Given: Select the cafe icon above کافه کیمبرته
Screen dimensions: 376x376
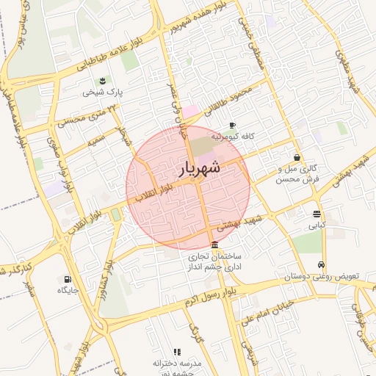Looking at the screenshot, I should coord(233,126).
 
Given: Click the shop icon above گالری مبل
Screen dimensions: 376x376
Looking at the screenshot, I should coord(297,157).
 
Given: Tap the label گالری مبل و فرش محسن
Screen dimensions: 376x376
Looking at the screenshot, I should coord(297,173).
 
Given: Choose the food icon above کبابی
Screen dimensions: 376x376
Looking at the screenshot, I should coord(317,214).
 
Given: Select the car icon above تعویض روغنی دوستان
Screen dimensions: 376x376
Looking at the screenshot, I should coord(320,265).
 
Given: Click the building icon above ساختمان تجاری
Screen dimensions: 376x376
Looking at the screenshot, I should coord(214,245).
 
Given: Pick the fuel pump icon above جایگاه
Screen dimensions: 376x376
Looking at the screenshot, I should coord(68,279).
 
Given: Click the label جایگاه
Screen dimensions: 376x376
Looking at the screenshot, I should coord(68,291).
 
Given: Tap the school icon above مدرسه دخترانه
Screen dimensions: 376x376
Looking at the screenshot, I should coord(176,352).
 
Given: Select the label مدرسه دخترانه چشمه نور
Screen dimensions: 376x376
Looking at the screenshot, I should coord(176,367).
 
